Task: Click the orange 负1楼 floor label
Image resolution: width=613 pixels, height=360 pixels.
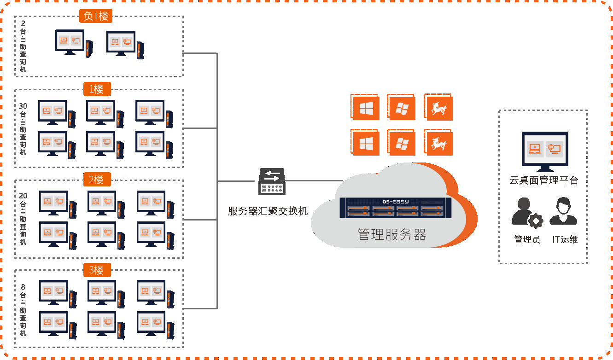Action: [x=96, y=16]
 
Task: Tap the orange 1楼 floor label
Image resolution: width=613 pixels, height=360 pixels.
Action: [x=97, y=89]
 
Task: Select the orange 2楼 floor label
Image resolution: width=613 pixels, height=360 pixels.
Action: [x=97, y=180]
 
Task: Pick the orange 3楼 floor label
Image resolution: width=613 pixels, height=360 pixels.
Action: [x=97, y=270]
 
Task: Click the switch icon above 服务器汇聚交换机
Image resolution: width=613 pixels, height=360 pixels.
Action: [x=272, y=181]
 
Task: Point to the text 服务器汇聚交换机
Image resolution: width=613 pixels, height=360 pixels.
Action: [x=268, y=211]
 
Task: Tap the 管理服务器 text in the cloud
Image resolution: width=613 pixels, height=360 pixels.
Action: [x=392, y=235]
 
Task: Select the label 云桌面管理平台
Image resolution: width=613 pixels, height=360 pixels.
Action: [x=543, y=180]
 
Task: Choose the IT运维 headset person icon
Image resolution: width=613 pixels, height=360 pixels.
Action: [x=563, y=211]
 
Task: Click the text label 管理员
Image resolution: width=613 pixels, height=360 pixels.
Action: [x=527, y=239]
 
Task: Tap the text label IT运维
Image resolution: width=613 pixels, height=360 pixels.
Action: [x=565, y=239]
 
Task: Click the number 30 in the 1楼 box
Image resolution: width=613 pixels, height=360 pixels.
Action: [x=23, y=106]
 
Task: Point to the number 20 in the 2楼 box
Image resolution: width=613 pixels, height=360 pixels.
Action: [x=23, y=196]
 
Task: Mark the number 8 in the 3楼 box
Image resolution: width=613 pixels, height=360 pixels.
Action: [x=23, y=287]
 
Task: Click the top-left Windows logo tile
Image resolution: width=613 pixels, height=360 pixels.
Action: [x=366, y=108]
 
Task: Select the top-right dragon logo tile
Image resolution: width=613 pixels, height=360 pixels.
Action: [x=439, y=108]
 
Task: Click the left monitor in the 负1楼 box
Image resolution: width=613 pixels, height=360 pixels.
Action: [x=70, y=41]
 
